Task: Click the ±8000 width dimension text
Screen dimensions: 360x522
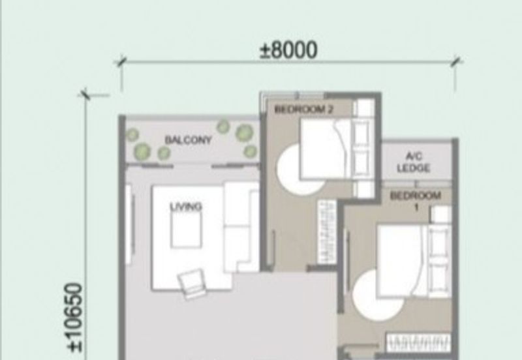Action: tap(288, 50)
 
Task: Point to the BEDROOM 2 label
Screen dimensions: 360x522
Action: tap(304, 110)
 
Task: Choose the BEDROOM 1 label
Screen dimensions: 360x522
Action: tap(416, 200)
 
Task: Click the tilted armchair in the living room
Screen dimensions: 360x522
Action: tap(191, 285)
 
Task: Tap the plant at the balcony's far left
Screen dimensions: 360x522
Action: tap(133, 135)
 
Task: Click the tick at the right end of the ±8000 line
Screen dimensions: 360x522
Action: tap(455, 61)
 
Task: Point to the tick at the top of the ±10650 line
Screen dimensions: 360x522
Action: tap(85, 95)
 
